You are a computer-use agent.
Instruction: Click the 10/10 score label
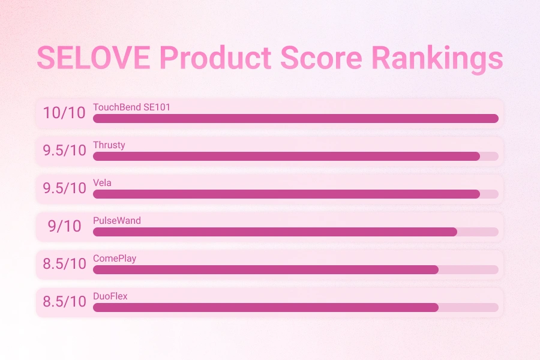(x=64, y=112)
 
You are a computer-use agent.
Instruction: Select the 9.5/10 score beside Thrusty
(x=64, y=150)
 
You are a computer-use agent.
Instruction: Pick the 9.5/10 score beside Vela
(x=64, y=188)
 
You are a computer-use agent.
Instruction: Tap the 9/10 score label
(x=64, y=226)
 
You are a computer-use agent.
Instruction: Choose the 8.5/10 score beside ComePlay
(x=64, y=263)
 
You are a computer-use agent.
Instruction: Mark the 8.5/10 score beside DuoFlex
(x=64, y=301)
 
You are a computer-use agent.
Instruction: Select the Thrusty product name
(x=109, y=145)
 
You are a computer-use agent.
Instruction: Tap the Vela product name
(x=102, y=183)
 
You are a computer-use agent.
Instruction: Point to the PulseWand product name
(x=117, y=221)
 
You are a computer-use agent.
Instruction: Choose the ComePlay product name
(x=115, y=259)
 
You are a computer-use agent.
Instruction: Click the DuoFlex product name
(x=110, y=296)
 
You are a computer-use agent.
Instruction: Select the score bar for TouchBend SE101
(x=295, y=119)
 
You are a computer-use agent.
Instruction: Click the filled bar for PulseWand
(x=275, y=232)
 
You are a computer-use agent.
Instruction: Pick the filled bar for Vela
(x=286, y=194)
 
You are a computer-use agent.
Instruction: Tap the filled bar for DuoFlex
(x=265, y=308)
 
